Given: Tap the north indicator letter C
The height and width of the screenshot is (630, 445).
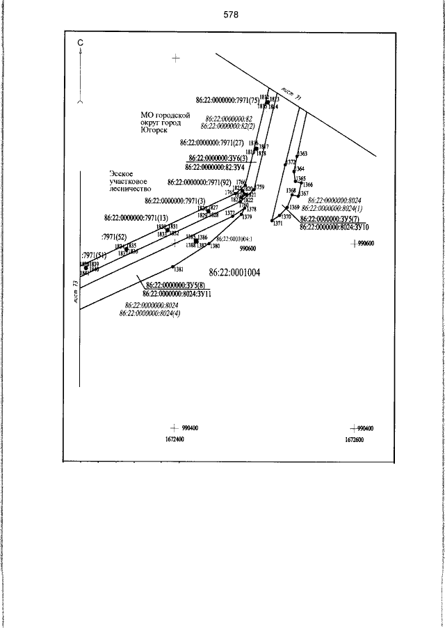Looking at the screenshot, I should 81,43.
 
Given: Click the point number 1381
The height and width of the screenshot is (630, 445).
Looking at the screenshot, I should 179,269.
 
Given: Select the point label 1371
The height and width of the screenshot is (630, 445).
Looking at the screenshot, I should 278,223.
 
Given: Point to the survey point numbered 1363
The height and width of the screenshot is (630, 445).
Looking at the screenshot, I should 302,153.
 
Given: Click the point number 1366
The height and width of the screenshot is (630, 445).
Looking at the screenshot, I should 307,184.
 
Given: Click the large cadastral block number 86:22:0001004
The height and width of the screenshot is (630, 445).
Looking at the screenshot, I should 234,272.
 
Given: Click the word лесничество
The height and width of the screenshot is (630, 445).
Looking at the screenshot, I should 130,188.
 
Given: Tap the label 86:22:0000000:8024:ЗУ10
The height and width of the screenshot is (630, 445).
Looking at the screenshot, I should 334,226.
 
